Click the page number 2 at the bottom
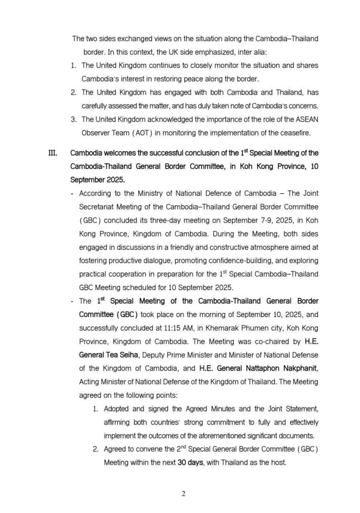click(183, 494)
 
